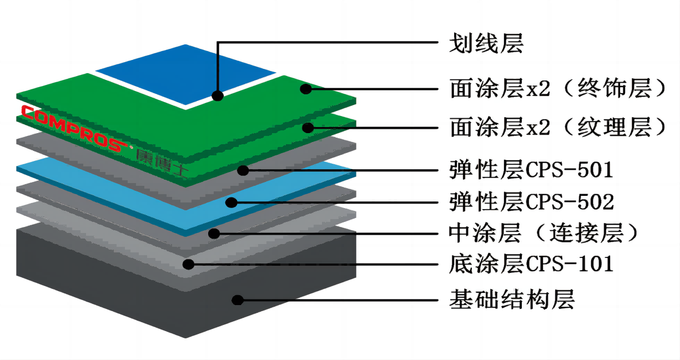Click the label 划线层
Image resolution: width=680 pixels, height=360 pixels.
(x=486, y=43)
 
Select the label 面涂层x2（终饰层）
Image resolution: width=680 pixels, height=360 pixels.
(x=558, y=88)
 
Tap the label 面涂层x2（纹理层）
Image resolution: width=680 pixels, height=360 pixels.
(x=558, y=128)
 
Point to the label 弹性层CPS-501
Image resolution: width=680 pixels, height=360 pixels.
(x=531, y=170)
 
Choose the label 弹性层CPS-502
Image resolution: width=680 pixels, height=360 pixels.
(x=532, y=202)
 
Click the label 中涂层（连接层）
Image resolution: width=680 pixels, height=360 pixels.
(x=543, y=233)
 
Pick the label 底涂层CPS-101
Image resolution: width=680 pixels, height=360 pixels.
(x=531, y=263)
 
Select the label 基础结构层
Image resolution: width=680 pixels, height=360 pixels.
(x=512, y=300)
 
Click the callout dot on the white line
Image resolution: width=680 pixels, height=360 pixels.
(x=218, y=96)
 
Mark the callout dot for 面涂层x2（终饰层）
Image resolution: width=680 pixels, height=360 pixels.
(x=306, y=89)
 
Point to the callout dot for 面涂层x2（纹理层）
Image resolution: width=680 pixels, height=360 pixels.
(x=308, y=128)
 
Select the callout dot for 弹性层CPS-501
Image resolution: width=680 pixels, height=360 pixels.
(x=243, y=170)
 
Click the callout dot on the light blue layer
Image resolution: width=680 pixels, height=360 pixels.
(x=231, y=202)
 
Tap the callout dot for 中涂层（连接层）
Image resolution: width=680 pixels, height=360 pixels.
(x=214, y=234)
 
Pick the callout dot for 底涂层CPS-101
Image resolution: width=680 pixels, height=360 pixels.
(x=189, y=264)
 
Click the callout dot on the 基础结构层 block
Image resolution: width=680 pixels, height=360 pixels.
(x=238, y=300)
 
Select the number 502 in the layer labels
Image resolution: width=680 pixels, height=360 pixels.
(x=595, y=202)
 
